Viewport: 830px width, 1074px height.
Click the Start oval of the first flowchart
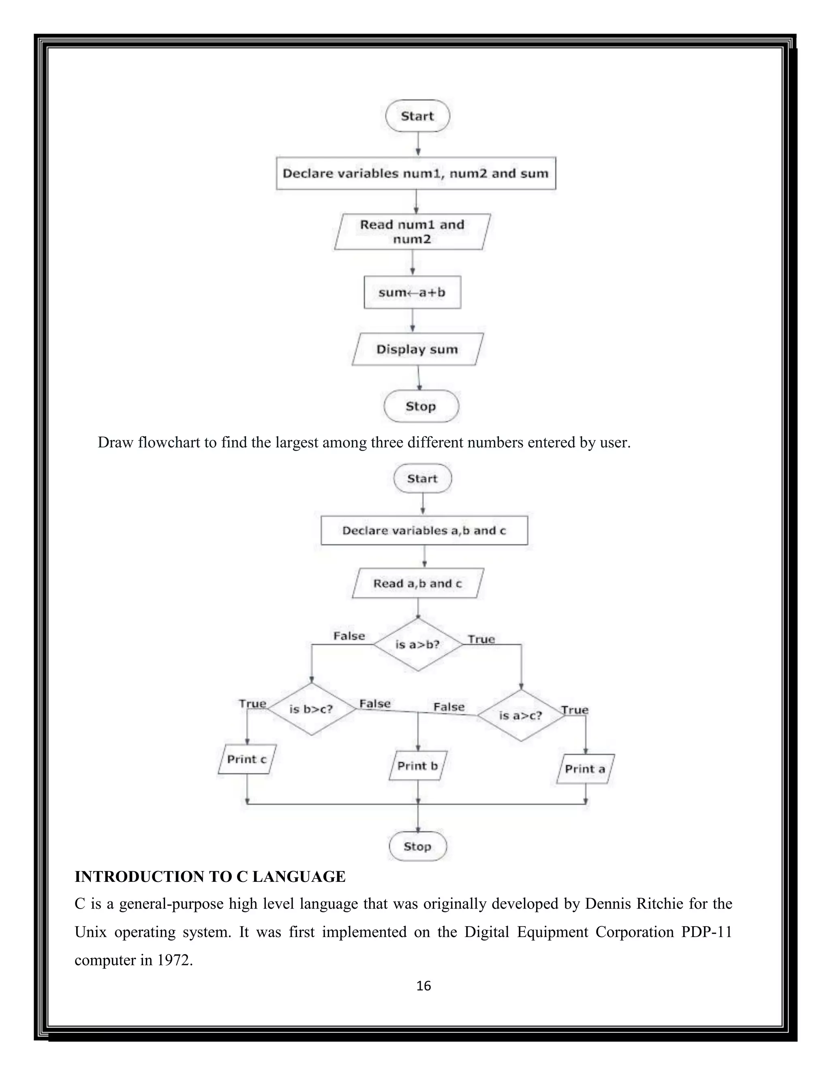pos(417,116)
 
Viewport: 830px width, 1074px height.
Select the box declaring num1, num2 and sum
pos(415,173)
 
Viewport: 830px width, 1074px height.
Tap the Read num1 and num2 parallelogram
pos(412,231)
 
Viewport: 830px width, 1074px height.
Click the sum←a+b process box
pos(412,292)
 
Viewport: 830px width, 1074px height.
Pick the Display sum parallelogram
pos(417,349)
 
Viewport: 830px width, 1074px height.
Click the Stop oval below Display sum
pos(421,406)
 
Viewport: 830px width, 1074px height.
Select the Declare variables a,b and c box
pos(424,530)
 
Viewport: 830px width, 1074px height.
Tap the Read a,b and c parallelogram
pos(417,583)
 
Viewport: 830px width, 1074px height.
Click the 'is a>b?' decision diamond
pos(417,644)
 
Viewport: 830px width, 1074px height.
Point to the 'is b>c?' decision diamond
pos(311,709)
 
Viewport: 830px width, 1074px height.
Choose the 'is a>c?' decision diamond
pos(521,715)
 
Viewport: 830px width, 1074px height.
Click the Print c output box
pos(247,759)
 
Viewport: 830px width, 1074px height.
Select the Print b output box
pos(417,766)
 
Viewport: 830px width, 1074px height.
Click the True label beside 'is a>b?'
pos(481,639)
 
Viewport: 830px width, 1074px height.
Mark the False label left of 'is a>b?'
pos(349,636)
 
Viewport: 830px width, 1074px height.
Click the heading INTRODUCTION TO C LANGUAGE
pos(210,876)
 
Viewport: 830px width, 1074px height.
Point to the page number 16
pos(424,986)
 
